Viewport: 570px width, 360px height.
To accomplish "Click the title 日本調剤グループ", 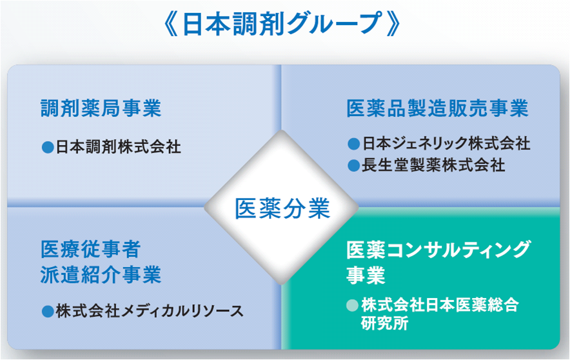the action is [x=283, y=25].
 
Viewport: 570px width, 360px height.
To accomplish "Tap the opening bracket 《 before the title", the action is [x=172, y=25].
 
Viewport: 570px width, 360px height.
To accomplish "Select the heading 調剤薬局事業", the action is [x=101, y=108].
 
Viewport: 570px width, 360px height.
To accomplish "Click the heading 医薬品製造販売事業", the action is [x=438, y=108].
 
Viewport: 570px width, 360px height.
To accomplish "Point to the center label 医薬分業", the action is [x=282, y=208].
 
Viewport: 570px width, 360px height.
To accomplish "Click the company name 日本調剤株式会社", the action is [x=119, y=147].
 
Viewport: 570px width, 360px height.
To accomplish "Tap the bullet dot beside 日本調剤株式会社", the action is [x=48, y=147].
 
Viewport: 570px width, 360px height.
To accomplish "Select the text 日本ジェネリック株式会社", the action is [x=446, y=143].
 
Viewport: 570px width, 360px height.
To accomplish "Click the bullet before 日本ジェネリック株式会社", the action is [x=353, y=144].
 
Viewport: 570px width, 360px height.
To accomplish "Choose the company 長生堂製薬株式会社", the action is [x=433, y=165].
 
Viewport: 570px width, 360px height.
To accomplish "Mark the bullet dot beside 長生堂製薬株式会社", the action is [x=353, y=166].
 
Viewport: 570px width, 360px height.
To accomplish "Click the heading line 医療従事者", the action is [x=90, y=250].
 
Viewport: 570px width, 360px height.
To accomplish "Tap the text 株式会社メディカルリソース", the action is [x=150, y=311].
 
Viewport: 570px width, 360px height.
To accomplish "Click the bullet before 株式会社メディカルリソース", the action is [x=48, y=312].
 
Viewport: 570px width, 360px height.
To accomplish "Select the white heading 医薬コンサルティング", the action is [x=438, y=250].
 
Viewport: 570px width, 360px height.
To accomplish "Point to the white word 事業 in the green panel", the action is [x=366, y=275].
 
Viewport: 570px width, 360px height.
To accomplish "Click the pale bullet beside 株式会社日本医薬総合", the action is [x=352, y=305].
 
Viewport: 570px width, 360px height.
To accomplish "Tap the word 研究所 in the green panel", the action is [x=384, y=323].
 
